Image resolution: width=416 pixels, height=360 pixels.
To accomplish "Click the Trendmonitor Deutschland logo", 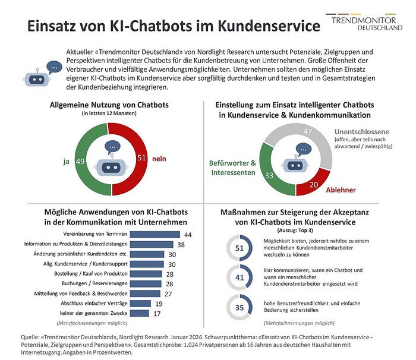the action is [x=364, y=22].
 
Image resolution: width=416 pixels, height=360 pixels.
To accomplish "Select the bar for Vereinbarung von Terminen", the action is [x=155, y=235].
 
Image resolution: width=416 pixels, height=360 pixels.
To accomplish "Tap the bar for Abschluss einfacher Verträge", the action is [x=140, y=304].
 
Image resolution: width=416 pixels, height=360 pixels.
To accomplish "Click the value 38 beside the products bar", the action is [x=181, y=245].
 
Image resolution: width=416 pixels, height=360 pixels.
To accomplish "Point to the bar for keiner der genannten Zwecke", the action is [x=139, y=313].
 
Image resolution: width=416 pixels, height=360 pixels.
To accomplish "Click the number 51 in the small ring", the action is [x=239, y=248].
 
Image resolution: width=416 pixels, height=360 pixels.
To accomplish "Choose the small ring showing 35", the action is [x=239, y=308].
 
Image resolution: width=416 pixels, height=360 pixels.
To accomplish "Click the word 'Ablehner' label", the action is [x=341, y=190].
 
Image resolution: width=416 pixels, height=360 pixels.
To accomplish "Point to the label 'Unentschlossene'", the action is [x=361, y=132].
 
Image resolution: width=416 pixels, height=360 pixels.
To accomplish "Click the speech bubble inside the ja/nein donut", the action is [x=112, y=147].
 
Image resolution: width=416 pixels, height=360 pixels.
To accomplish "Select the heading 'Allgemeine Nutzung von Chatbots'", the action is [x=109, y=105].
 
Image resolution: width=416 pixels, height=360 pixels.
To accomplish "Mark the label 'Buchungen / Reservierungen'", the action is [x=94, y=283].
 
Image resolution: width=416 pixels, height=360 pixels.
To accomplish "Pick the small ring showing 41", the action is [x=239, y=277].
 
